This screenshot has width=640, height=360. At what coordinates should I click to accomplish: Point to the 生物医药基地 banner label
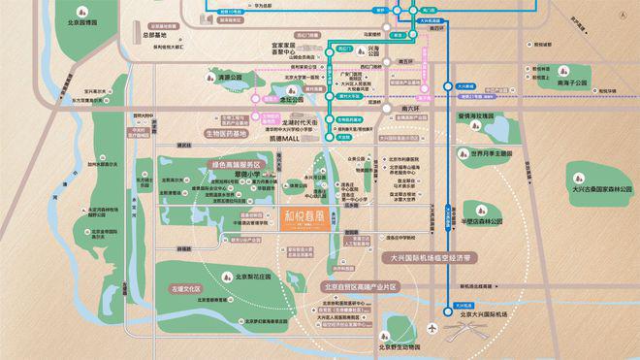[232, 133]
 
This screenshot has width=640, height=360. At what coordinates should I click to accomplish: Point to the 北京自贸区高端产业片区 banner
[362, 287]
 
